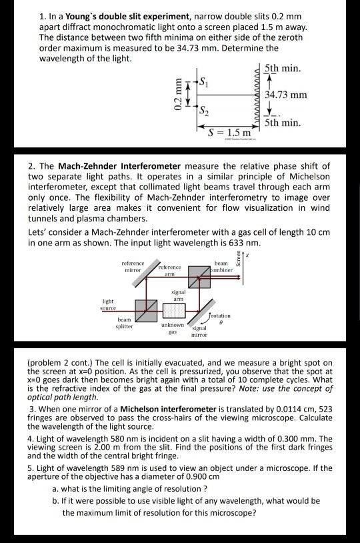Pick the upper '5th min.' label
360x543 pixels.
coord(283,69)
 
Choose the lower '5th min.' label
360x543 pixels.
coord(283,124)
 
